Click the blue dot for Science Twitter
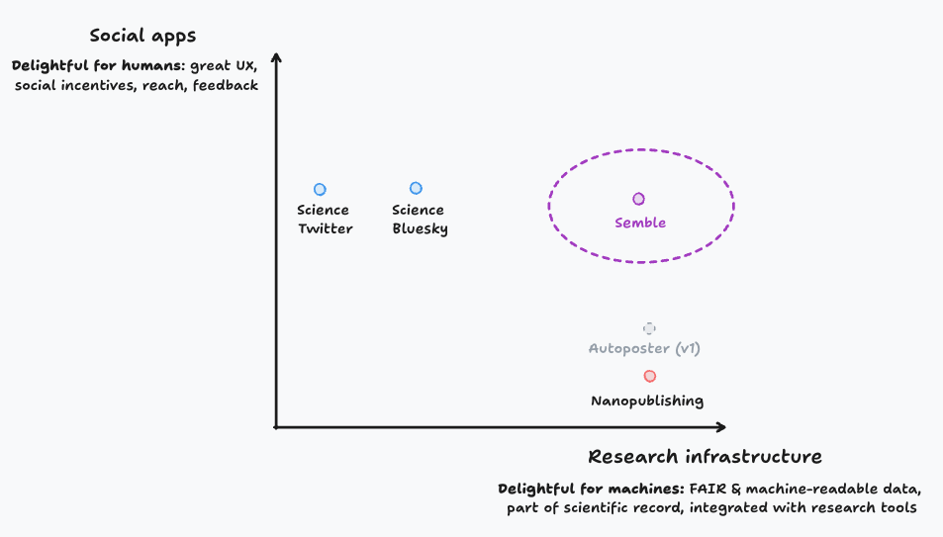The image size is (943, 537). (320, 189)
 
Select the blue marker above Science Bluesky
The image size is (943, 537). (416, 188)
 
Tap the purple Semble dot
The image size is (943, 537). (639, 199)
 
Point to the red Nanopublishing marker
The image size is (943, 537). (649, 376)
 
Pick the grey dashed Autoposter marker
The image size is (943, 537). (649, 328)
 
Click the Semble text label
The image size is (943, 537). (640, 223)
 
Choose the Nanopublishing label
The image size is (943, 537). (647, 401)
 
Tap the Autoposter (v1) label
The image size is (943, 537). (645, 348)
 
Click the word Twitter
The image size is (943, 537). (325, 228)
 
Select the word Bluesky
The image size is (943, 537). (420, 228)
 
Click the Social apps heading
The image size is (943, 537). (142, 37)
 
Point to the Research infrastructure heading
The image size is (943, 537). (705, 457)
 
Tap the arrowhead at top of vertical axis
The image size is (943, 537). (277, 56)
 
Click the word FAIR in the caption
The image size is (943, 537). (704, 489)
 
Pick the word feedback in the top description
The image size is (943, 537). (225, 86)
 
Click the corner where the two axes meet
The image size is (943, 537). (277, 427)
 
